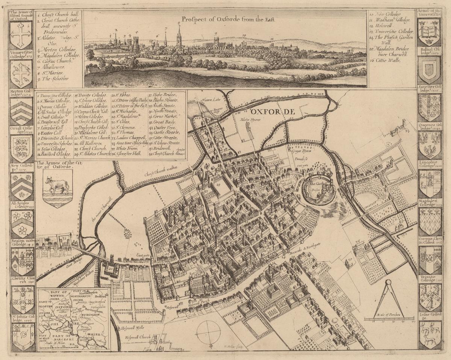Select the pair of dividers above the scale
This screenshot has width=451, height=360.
click(x=389, y=299)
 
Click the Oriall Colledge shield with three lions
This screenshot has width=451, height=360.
click(x=21, y=148)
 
